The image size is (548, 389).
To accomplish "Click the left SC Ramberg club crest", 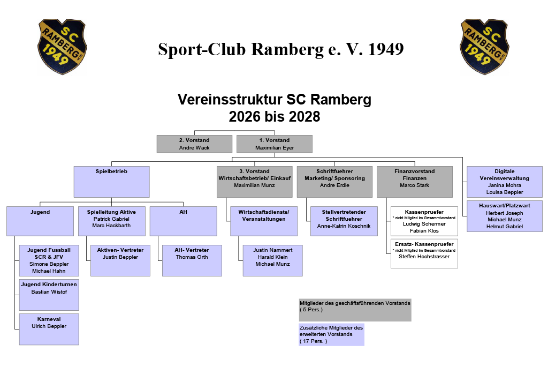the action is [x=62, y=47].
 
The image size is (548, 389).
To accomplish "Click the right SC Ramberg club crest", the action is [x=484, y=47].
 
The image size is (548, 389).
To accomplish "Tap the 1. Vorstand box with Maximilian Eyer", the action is [x=275, y=144].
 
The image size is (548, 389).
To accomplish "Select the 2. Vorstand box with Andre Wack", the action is [x=194, y=144].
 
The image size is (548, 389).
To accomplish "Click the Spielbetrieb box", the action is [x=111, y=182].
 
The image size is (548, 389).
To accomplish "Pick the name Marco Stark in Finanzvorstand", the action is [x=415, y=185].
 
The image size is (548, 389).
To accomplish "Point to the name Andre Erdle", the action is [x=334, y=185].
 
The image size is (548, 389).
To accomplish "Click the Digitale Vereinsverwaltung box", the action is [x=505, y=182].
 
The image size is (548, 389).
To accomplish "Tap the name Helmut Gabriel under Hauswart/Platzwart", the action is [x=505, y=226].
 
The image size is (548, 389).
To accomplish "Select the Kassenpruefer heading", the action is [x=424, y=212].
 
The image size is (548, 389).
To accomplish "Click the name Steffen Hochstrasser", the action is [x=424, y=257].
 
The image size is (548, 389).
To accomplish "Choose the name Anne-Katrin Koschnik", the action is [x=344, y=226].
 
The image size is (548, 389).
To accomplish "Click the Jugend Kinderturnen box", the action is [x=49, y=295].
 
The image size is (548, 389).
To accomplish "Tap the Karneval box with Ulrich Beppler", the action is [x=49, y=329].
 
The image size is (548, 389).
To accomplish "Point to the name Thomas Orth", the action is [x=192, y=257].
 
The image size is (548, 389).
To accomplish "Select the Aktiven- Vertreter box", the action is [x=120, y=260].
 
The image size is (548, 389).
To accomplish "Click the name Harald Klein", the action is [x=272, y=257].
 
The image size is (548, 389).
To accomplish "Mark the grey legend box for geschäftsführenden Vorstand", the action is [x=355, y=310].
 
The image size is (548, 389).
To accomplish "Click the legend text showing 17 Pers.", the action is [x=314, y=341].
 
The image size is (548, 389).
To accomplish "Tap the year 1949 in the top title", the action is [x=386, y=49].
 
